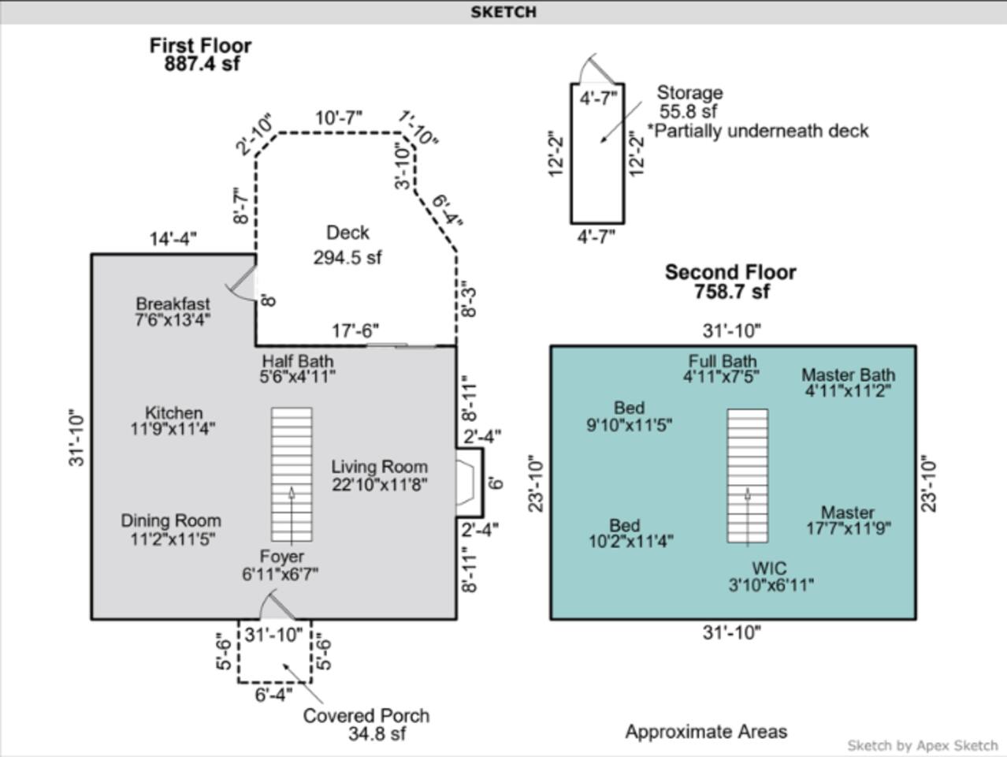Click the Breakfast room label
(173, 311)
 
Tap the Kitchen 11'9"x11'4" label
(173, 420)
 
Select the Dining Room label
(171, 529)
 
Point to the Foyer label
(281, 565)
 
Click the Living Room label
(380, 475)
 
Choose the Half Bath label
(297, 368)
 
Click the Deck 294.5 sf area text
(347, 245)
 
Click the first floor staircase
(292, 475)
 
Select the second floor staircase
(747, 476)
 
